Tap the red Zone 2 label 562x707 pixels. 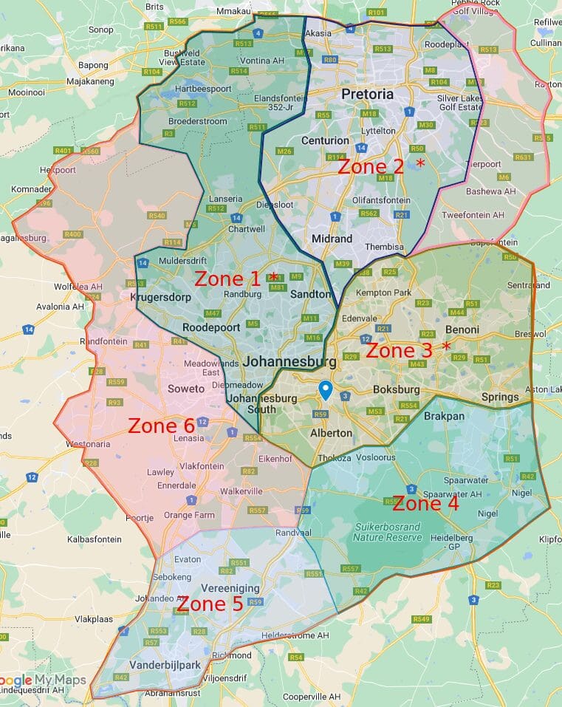click(371, 167)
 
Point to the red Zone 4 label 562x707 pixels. click(425, 504)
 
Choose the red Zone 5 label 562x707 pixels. click(210, 604)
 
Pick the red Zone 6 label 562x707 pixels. click(161, 426)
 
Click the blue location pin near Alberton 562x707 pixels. click(324, 390)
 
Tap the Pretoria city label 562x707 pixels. click(367, 95)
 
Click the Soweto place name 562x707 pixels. click(187, 389)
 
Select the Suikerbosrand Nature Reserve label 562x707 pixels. click(388, 532)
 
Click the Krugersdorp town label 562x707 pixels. click(160, 297)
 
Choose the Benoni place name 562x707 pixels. click(462, 329)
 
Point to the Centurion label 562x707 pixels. click(325, 140)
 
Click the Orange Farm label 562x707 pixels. click(188, 515)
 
